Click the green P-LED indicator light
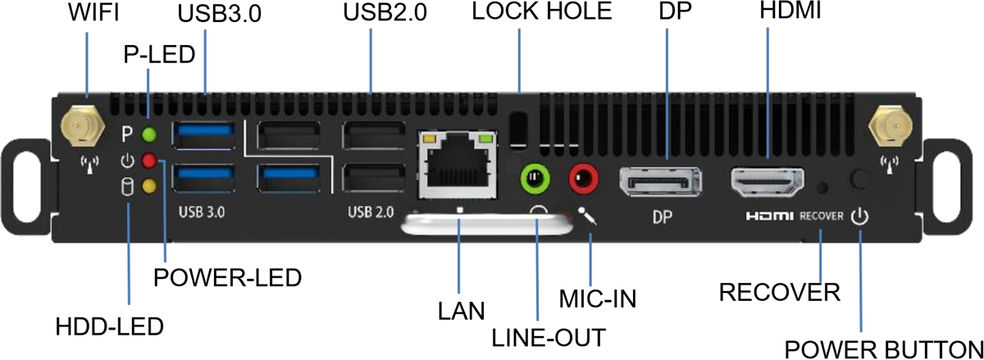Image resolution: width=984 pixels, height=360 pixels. pos(148,134)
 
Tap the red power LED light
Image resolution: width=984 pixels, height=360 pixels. pos(148,161)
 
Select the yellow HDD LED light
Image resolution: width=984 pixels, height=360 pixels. pos(148,187)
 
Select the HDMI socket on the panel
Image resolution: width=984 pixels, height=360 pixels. pos(768,181)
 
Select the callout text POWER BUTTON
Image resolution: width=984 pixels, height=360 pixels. pos(882,347)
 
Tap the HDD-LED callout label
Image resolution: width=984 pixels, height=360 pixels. pos(109,325)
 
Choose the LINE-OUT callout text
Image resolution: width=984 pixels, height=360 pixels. pos(550,336)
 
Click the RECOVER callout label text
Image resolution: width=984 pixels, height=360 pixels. pos(778,291)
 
